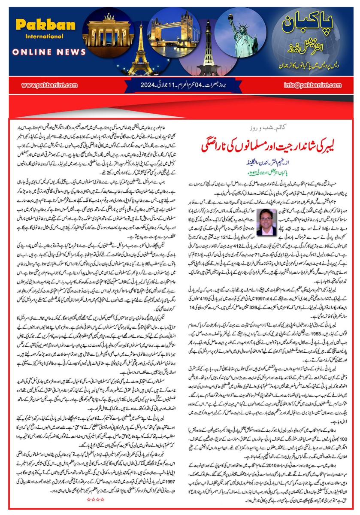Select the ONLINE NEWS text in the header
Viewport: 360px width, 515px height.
(49, 51)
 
